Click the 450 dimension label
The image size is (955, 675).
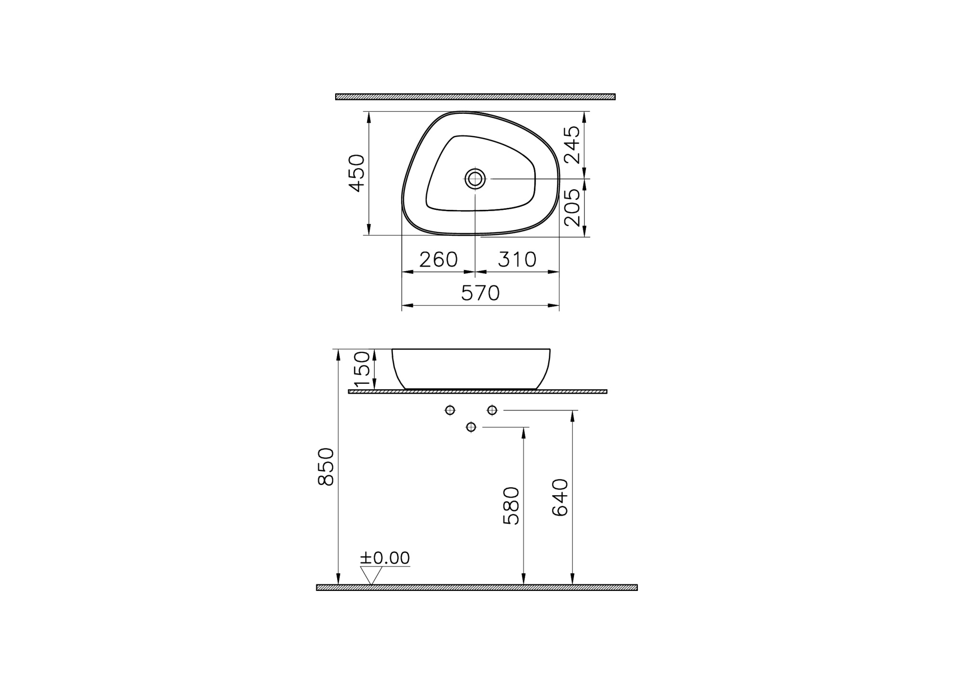tap(357, 173)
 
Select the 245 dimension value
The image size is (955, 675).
tap(572, 145)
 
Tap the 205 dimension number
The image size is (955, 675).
tap(572, 207)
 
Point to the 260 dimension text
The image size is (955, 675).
tap(438, 260)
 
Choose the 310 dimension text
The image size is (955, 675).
tap(517, 260)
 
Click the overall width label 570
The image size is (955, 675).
tap(480, 293)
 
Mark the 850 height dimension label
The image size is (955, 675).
tap(326, 467)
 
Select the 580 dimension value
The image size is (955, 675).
tap(511, 506)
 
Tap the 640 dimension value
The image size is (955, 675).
tap(560, 497)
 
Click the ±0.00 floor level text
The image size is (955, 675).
tap(385, 558)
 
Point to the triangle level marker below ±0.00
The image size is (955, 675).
tap(371, 575)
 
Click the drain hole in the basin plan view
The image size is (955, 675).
tap(475, 179)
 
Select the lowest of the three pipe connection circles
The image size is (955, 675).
tap(471, 427)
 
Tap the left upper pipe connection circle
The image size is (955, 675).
tap(450, 410)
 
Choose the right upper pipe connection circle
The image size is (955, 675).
tap(492, 410)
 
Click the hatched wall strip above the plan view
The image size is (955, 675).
tap(475, 97)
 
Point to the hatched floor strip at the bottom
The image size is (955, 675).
tap(477, 588)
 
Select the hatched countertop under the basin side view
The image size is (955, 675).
tap(477, 392)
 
